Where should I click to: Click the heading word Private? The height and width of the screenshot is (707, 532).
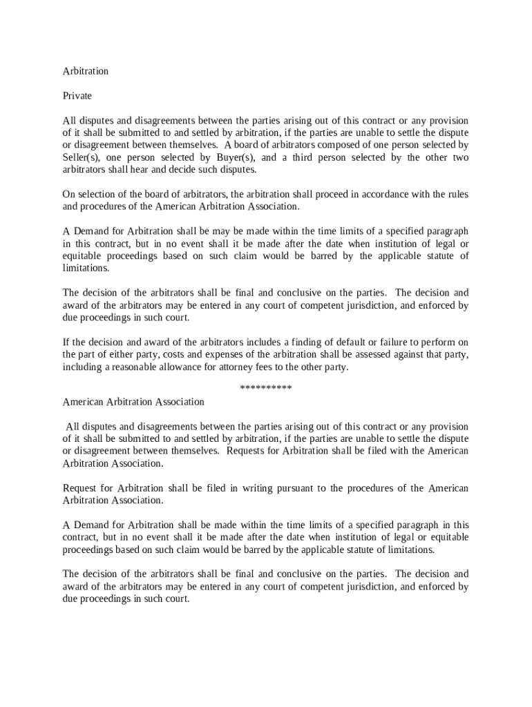[77, 95]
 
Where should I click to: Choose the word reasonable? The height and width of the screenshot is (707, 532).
[133, 367]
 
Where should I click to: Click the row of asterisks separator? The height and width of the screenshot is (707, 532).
[265, 388]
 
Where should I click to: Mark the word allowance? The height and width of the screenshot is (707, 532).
[182, 367]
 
